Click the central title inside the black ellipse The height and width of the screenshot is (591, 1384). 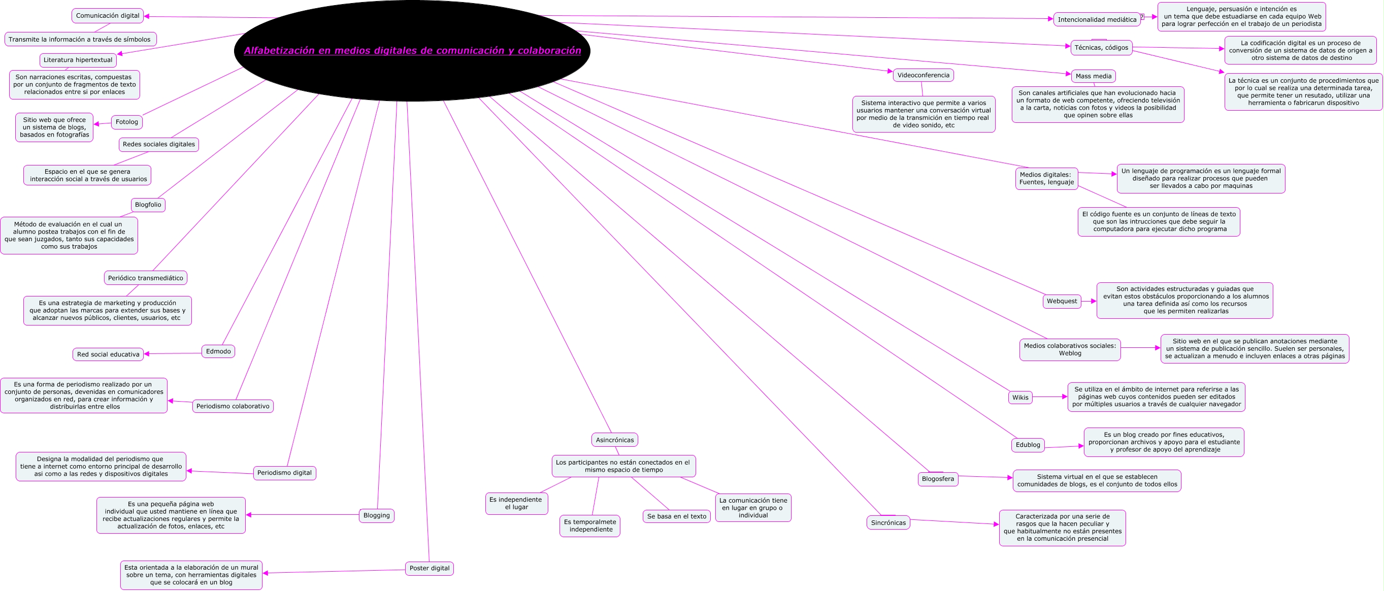tap(412, 50)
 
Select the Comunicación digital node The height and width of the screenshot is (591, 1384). tap(108, 16)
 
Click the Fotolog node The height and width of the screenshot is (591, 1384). tap(127, 122)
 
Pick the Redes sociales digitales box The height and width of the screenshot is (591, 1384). tap(158, 144)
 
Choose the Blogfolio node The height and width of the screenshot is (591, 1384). tap(148, 205)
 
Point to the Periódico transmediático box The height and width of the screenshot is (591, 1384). tap(145, 278)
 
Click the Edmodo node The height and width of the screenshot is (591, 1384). tap(218, 351)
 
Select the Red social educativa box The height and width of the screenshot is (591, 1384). tap(108, 354)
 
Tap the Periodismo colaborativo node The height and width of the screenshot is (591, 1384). tap(233, 406)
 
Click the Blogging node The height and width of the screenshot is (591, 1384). tap(376, 516)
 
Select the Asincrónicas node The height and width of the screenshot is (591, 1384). tap(614, 440)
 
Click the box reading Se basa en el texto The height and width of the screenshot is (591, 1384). tap(676, 516)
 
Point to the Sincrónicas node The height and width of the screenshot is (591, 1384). tap(888, 523)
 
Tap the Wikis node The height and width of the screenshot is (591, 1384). tap(1020, 398)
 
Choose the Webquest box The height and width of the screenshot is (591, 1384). tap(1061, 302)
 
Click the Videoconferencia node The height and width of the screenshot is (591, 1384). tap(923, 75)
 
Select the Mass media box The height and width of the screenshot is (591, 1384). tap(1093, 76)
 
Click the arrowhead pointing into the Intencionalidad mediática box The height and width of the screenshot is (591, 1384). tap(1050, 19)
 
